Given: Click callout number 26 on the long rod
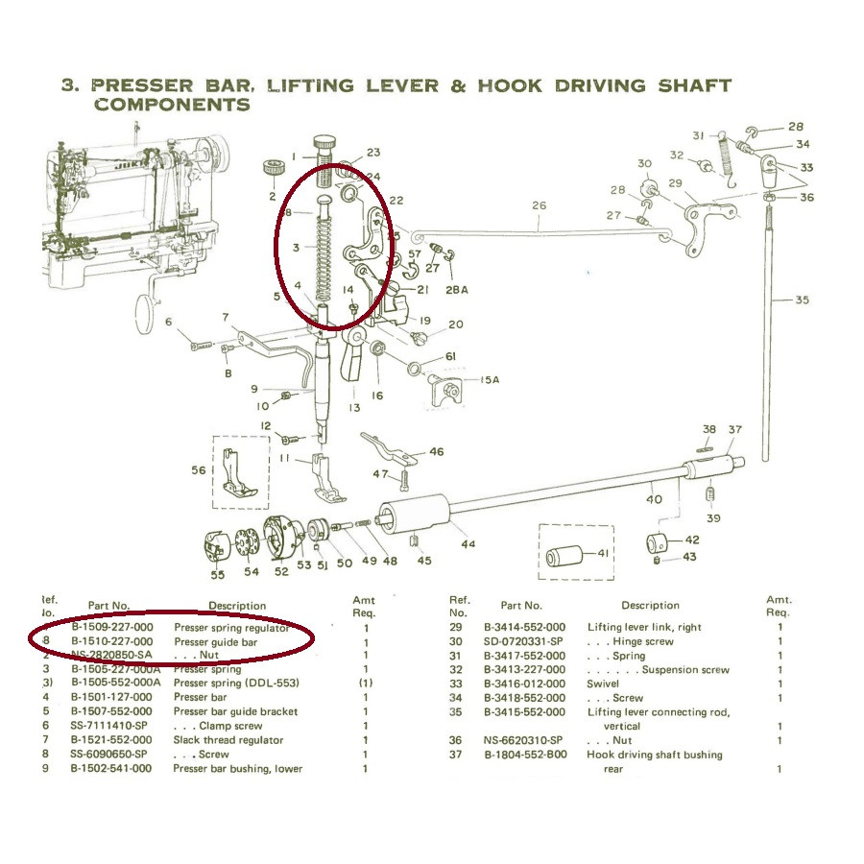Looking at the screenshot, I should [x=539, y=204].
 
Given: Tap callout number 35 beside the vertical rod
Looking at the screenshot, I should [x=802, y=300].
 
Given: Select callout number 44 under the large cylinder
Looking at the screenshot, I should [x=468, y=544].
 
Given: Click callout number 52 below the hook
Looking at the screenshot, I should [x=281, y=572].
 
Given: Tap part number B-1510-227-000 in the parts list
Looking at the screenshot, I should [x=111, y=641].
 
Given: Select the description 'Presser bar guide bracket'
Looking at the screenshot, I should [x=235, y=711].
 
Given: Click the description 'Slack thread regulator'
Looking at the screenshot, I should [x=228, y=740].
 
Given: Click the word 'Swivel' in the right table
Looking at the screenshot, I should [x=603, y=684].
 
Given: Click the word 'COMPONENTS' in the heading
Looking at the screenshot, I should [x=172, y=104].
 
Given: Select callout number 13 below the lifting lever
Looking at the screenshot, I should [x=354, y=408].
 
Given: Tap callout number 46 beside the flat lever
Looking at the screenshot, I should [x=436, y=451].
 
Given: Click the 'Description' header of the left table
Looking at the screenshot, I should [x=237, y=606].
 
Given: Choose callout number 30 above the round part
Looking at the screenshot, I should [x=644, y=163].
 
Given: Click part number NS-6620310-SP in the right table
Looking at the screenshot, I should [x=526, y=740].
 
